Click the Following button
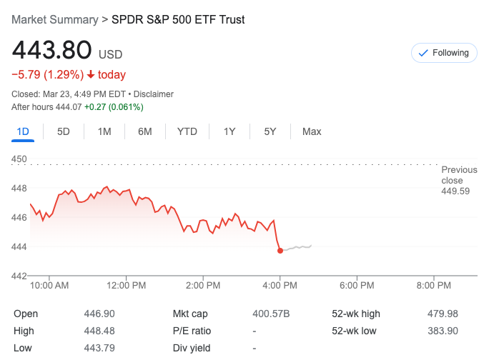pyautogui.click(x=444, y=53)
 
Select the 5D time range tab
pyautogui.click(x=64, y=131)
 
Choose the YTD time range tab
pyautogui.click(x=187, y=131)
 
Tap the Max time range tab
pyautogui.click(x=312, y=131)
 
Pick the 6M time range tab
pyautogui.click(x=145, y=131)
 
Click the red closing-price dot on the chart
pyautogui.click(x=280, y=251)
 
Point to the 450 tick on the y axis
pyautogui.click(x=19, y=159)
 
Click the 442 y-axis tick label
pyautogui.click(x=19, y=276)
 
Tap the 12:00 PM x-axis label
pyautogui.click(x=126, y=286)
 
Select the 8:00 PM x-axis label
pyautogui.click(x=433, y=286)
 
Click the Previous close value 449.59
pyautogui.click(x=456, y=191)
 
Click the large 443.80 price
pyautogui.click(x=52, y=51)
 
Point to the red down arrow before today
pyautogui.click(x=92, y=75)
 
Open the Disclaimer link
pyautogui.click(x=153, y=94)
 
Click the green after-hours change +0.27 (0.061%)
pyautogui.click(x=114, y=107)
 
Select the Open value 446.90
pyautogui.click(x=99, y=314)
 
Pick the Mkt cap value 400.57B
pyautogui.click(x=272, y=314)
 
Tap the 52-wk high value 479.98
pyautogui.click(x=442, y=314)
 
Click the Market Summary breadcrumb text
pyautogui.click(x=55, y=19)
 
